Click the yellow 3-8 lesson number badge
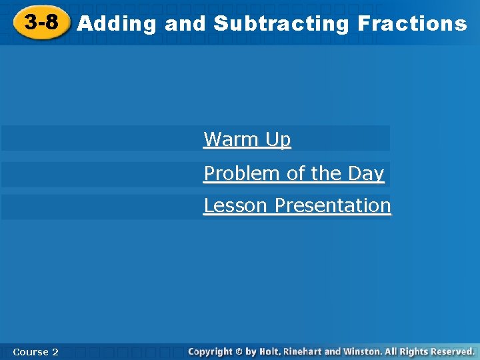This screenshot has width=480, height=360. pyautogui.click(x=41, y=23)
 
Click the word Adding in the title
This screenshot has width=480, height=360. pyautogui.click(x=117, y=24)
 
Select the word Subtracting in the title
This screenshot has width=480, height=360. pyautogui.click(x=281, y=24)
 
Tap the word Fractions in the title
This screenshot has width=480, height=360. pyautogui.click(x=412, y=24)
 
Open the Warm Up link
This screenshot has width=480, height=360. pyautogui.click(x=247, y=139)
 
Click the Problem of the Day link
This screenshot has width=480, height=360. pyautogui.click(x=294, y=173)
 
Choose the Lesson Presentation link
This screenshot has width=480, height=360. pyautogui.click(x=297, y=205)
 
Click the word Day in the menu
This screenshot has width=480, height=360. pyautogui.click(x=366, y=173)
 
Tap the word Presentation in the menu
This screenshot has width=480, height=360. pyautogui.click(x=333, y=205)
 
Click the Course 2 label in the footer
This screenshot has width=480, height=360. pyautogui.click(x=35, y=351)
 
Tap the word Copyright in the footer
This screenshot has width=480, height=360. pyautogui.click(x=210, y=351)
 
